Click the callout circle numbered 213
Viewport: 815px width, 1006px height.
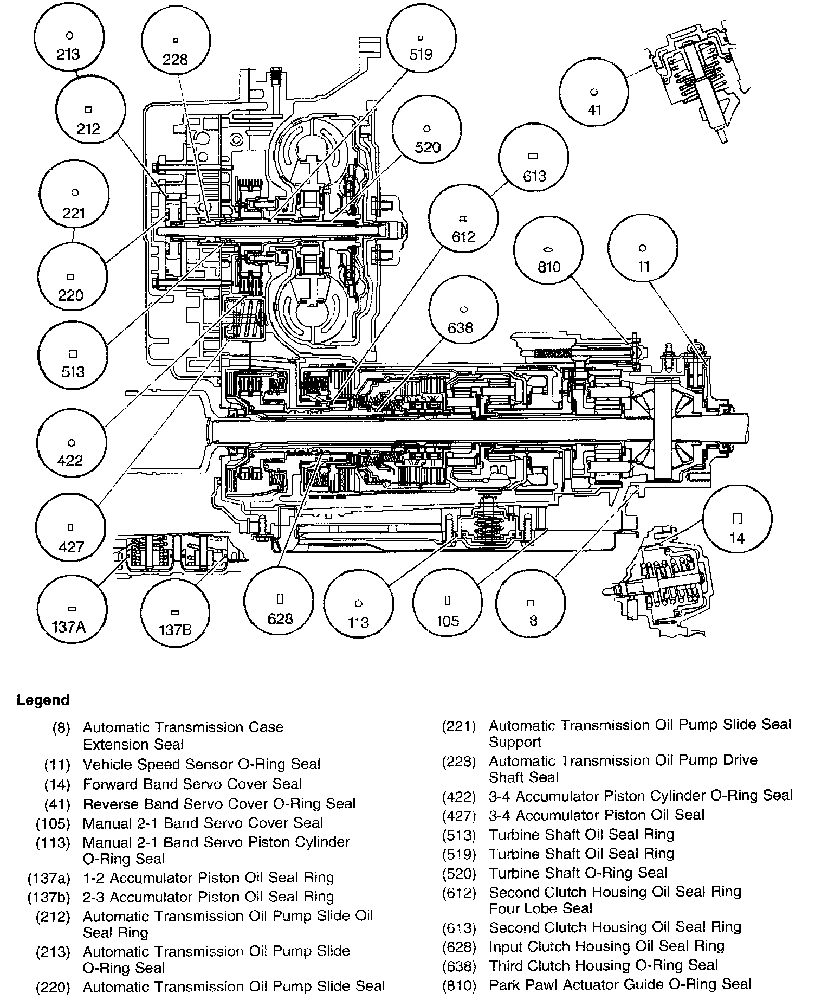[x=69, y=46]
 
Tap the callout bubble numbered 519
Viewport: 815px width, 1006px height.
[x=421, y=46]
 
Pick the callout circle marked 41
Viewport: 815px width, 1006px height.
[x=594, y=100]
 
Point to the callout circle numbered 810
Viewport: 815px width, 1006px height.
[x=548, y=258]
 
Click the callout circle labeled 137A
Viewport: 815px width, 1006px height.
[x=69, y=618]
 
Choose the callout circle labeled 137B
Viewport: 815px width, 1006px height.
[x=174, y=621]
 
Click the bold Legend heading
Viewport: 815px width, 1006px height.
[x=43, y=700]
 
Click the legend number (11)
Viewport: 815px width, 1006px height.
[x=57, y=764]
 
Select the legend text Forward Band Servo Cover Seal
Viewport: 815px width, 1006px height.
[x=192, y=784]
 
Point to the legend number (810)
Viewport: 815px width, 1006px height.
[x=459, y=984]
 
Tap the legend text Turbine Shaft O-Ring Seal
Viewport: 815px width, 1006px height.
[x=578, y=873]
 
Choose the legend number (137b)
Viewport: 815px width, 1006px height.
[x=49, y=897]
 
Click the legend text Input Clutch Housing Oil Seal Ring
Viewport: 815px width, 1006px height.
[x=606, y=946]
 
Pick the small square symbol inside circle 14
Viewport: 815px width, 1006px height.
[x=737, y=518]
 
